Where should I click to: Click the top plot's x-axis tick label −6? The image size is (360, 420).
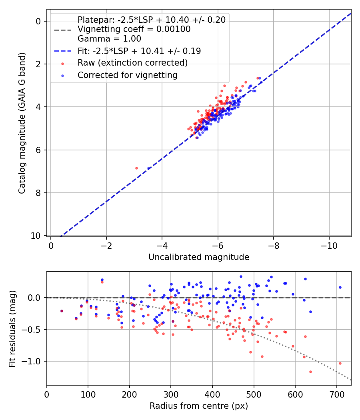click(x=218, y=246)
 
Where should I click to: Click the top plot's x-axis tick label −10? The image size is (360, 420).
click(x=329, y=246)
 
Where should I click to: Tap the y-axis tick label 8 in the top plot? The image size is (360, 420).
click(x=38, y=193)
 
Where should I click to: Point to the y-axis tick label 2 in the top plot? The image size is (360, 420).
click(x=38, y=64)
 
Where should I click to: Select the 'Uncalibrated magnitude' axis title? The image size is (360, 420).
click(x=199, y=257)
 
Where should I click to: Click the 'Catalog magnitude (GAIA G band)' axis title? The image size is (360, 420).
click(x=22, y=123)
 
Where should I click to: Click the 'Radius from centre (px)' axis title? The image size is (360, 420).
click(x=199, y=406)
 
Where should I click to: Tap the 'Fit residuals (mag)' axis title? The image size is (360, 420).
click(x=12, y=329)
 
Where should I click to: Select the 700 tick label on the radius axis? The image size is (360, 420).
click(x=336, y=394)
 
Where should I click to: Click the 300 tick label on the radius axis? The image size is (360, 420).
click(x=171, y=394)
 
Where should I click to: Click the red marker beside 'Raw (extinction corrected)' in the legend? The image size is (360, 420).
click(x=63, y=64)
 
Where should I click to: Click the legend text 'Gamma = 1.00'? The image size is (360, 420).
click(x=109, y=39)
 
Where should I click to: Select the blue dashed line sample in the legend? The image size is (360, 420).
click(x=63, y=51)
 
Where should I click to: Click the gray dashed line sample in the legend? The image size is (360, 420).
click(x=63, y=30)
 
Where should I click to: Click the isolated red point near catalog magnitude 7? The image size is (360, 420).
click(x=137, y=168)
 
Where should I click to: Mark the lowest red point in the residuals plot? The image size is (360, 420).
click(x=310, y=372)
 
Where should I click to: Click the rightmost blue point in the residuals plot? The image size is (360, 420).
click(x=340, y=288)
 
